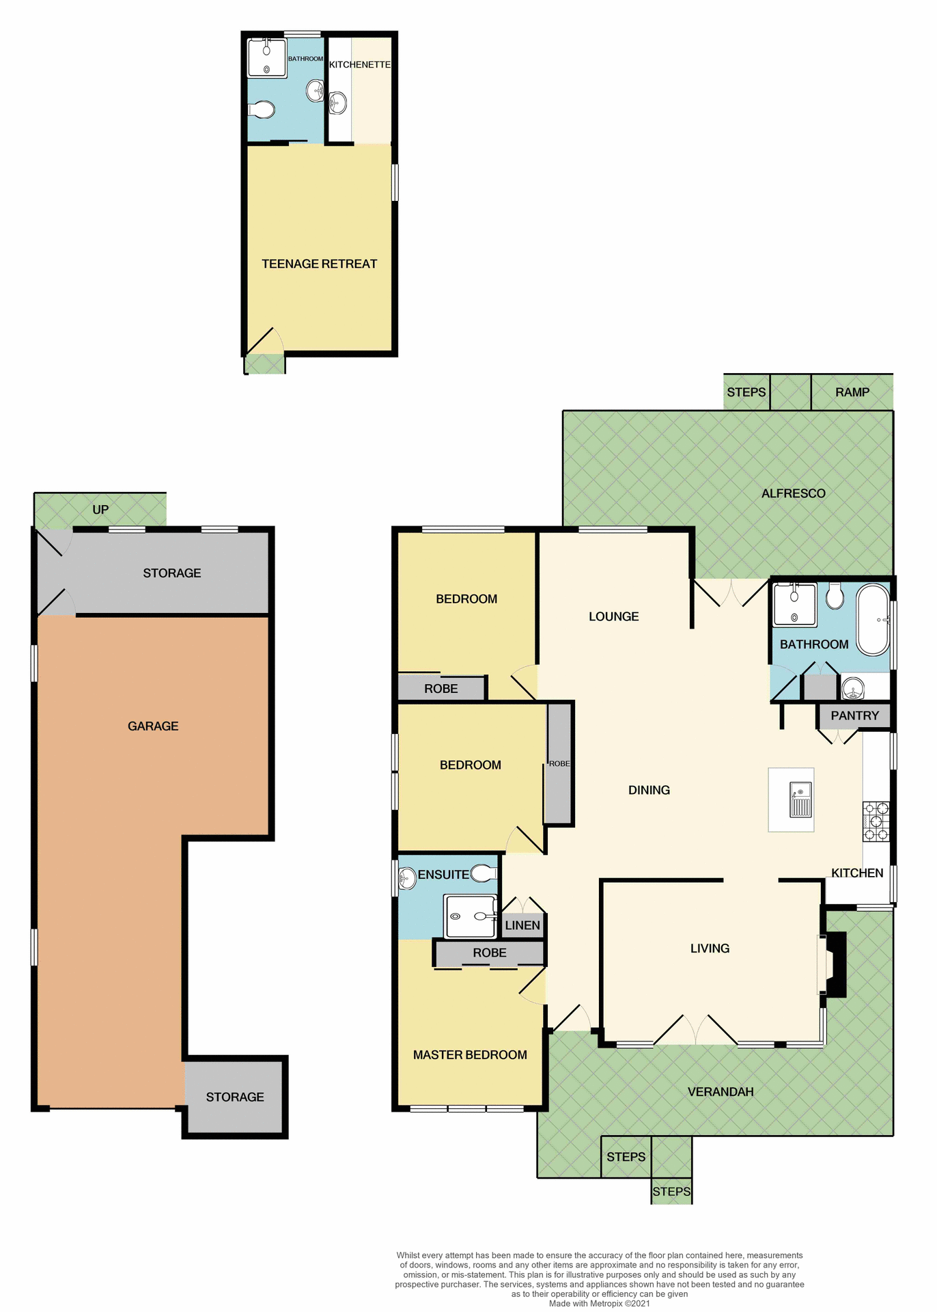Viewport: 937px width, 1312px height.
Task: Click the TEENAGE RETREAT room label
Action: tap(319, 264)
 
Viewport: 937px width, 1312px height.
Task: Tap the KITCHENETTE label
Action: tap(360, 64)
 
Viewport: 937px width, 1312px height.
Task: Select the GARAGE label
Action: tap(153, 726)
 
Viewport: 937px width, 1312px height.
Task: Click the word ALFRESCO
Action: tap(793, 493)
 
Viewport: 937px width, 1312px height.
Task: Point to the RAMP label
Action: tap(852, 392)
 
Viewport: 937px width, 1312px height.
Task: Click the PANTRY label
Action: tap(854, 715)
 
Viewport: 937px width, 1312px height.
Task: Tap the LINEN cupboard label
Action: tap(522, 925)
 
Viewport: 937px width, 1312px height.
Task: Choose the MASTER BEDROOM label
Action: tap(470, 1054)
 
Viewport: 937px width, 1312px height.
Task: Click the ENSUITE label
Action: tap(443, 875)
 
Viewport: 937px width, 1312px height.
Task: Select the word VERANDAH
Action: tap(721, 1091)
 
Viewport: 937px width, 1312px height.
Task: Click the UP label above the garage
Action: tap(100, 510)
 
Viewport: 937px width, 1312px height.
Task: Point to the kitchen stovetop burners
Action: tap(876, 821)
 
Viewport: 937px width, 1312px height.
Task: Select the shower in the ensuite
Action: tap(470, 916)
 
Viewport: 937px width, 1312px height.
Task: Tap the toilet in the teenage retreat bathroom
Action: tap(262, 109)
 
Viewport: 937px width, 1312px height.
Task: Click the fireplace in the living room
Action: tap(835, 963)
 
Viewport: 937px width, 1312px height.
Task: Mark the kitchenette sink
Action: tap(337, 103)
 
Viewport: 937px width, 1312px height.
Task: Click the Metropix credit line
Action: tap(599, 1303)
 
